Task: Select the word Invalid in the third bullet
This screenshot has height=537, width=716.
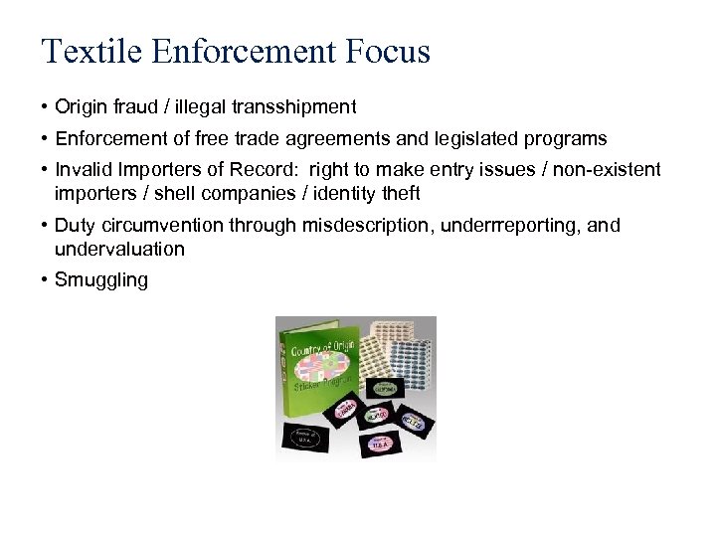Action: [x=82, y=170]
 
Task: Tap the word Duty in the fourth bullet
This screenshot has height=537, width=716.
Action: [x=74, y=225]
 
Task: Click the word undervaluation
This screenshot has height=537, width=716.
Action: [x=119, y=249]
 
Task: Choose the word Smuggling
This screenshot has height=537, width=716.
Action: [x=101, y=280]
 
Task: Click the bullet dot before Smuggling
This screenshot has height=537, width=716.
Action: [x=46, y=280]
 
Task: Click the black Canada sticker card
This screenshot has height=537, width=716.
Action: [x=346, y=409]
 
